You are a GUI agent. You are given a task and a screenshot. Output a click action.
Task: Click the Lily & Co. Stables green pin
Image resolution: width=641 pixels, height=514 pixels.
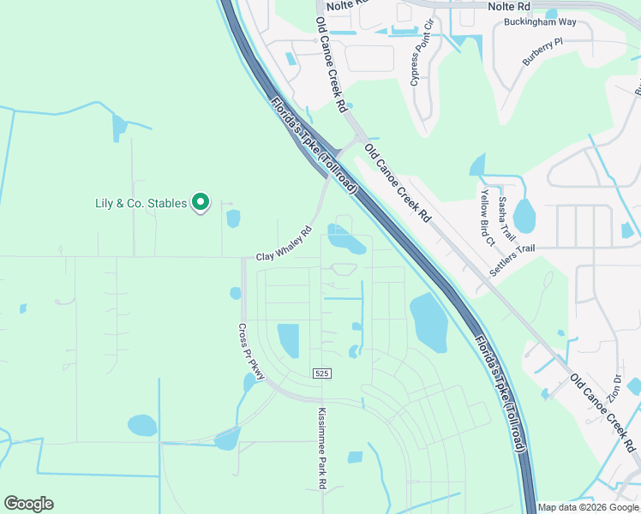201,202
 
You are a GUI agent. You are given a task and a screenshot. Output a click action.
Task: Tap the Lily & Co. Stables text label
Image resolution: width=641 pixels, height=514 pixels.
141,203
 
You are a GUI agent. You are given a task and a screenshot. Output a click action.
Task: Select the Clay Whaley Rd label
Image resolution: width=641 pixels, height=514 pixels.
284,245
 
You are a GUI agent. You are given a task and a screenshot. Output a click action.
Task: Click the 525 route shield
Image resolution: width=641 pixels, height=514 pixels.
321,374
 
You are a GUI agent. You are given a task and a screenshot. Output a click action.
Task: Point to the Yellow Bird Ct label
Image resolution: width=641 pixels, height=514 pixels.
487,218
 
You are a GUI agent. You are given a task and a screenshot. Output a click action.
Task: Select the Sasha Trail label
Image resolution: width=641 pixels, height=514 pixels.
504,217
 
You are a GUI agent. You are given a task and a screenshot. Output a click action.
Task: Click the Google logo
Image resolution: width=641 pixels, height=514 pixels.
28,504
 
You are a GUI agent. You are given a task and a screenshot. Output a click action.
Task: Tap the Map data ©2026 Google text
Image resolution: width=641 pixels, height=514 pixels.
588,507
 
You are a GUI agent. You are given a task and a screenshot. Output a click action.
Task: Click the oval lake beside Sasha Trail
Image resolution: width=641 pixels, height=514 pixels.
524,216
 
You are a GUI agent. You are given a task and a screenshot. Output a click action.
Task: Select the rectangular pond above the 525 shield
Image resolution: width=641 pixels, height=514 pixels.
288,340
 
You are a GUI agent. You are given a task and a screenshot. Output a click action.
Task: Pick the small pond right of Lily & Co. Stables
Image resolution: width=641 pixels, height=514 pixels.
233,218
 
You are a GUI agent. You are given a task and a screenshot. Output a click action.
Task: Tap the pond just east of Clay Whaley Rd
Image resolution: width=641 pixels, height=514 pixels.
346,239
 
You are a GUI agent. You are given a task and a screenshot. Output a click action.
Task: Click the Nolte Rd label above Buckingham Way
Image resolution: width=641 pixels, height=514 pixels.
509,6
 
